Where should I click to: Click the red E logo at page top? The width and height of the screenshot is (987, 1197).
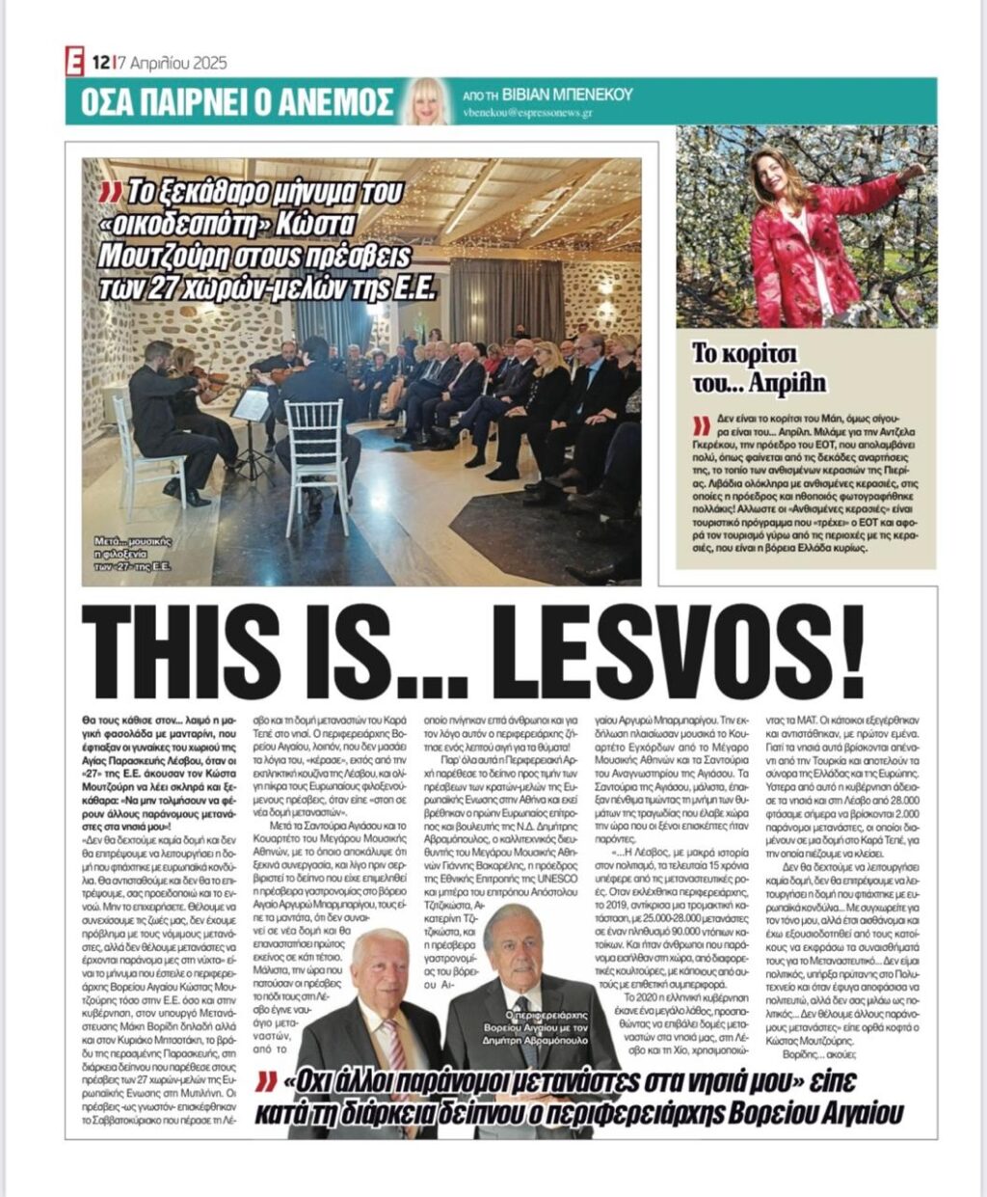coord(74,63)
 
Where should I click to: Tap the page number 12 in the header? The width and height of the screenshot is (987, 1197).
coord(100,64)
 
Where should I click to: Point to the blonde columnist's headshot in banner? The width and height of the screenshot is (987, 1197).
coord(428,100)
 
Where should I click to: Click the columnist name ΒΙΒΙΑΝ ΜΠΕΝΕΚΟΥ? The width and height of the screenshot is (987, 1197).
coord(575,94)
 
